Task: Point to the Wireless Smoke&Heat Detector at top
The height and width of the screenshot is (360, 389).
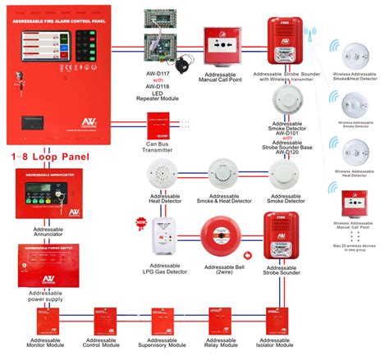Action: (353, 54)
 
